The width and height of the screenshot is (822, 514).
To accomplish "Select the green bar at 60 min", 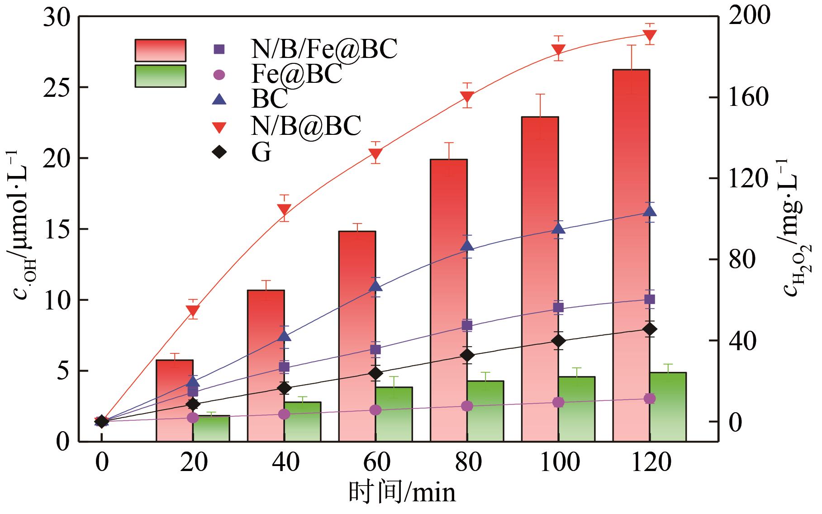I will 394,414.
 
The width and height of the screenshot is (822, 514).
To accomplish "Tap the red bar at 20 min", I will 175,400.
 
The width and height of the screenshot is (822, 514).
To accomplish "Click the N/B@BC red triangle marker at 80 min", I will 467,97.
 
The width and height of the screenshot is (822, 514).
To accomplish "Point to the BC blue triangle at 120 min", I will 650,211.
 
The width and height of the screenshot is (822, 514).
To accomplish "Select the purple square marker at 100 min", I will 558,308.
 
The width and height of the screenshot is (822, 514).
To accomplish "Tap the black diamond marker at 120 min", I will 650,329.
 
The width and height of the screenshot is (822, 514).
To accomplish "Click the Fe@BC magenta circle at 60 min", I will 375,410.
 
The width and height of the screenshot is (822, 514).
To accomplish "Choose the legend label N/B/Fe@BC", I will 324,49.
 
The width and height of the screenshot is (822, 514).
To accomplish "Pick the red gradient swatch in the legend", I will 160,50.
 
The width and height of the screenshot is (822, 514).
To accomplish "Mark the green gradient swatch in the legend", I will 160,76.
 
